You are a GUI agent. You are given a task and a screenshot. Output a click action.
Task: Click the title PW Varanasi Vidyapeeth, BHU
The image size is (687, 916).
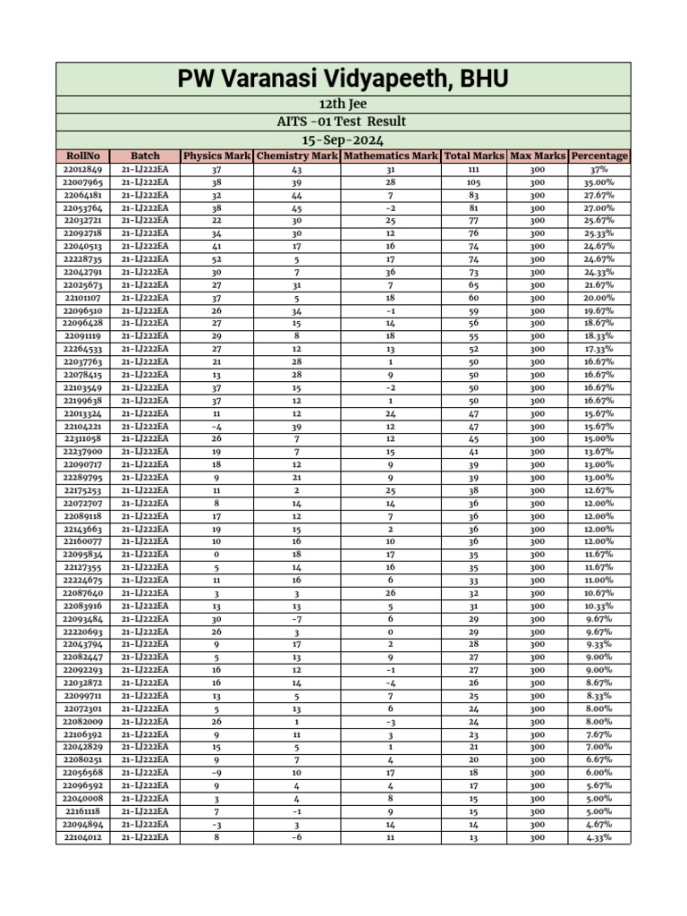pyautogui.click(x=343, y=79)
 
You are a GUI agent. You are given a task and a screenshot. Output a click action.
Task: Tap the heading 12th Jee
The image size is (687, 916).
pyautogui.click(x=343, y=105)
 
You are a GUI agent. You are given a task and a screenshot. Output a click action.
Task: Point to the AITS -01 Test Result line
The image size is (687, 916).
pyautogui.click(x=343, y=122)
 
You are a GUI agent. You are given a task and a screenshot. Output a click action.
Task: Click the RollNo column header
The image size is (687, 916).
pyautogui.click(x=83, y=156)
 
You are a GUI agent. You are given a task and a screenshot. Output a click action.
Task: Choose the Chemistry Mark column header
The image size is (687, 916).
pyautogui.click(x=297, y=156)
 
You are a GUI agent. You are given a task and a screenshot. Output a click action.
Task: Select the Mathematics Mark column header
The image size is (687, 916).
pyautogui.click(x=391, y=156)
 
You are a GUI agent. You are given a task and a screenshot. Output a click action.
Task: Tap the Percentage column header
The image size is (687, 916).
pyautogui.click(x=599, y=156)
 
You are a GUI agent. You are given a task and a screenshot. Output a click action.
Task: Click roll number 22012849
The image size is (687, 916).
pyautogui.click(x=83, y=169)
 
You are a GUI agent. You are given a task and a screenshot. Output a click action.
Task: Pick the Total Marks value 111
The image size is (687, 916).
pyautogui.click(x=474, y=169)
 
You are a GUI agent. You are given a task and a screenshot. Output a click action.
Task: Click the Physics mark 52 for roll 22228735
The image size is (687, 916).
pyautogui.click(x=216, y=259)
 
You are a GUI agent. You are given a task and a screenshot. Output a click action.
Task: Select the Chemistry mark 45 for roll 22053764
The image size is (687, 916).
pyautogui.click(x=297, y=208)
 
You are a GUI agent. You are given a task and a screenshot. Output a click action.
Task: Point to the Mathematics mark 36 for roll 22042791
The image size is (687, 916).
pyautogui.click(x=391, y=272)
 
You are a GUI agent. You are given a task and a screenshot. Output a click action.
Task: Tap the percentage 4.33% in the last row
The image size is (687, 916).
pyautogui.click(x=599, y=838)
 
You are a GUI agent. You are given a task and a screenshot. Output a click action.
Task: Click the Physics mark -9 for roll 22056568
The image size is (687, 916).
pyautogui.click(x=216, y=773)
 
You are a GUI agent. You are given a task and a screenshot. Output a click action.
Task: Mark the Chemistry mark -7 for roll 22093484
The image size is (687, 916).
pyautogui.click(x=297, y=619)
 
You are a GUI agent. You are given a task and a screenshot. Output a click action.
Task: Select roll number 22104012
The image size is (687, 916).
pyautogui.click(x=83, y=838)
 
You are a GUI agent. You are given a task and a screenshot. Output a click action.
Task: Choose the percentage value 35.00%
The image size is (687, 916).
pyautogui.click(x=599, y=182)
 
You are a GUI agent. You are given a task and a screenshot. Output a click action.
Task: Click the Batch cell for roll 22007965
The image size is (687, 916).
pyautogui.click(x=145, y=182)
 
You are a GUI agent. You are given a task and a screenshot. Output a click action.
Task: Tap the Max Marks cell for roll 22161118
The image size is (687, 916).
pyautogui.click(x=537, y=812)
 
